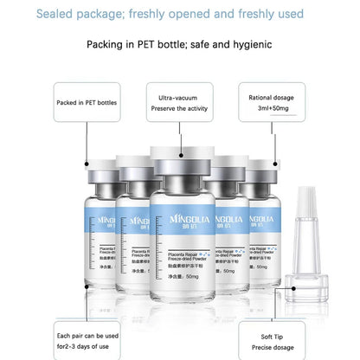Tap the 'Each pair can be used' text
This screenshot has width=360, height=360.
(87, 335)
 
